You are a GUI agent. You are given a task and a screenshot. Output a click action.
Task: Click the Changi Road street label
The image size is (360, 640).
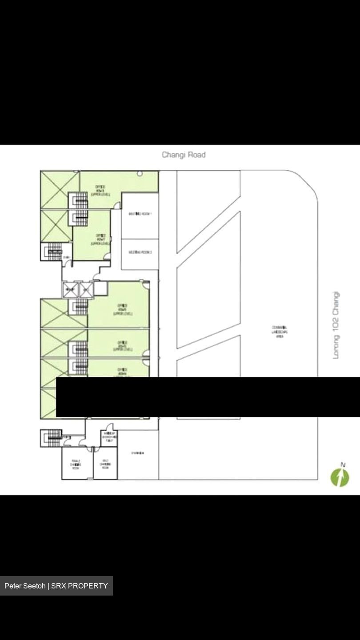pos(184,155)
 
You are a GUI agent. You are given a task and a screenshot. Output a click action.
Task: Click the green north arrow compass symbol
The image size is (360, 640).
pos(340,478)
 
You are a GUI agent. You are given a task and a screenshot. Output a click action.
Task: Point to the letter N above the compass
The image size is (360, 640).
pos(343,465)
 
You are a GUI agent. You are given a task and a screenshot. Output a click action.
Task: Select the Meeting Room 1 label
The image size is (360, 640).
pos(140,214)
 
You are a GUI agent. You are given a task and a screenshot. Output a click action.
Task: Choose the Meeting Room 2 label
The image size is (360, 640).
pos(140,252)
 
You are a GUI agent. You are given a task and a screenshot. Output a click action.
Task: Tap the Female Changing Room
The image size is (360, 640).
pos(76,464)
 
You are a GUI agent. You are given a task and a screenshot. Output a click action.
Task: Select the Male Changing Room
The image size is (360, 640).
pos(105,464)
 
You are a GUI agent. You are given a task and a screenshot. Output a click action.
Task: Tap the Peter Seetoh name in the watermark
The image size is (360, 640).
pos(25,586)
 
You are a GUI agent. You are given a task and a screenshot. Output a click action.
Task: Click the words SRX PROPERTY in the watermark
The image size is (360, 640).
pos(80,586)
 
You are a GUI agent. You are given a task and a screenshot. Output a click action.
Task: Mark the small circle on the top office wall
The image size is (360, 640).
pos(140,173)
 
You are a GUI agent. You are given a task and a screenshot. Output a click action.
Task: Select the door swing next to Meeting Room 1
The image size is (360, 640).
pos(117,205)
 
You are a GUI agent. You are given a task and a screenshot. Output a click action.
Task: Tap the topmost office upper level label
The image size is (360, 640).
pos(100,191)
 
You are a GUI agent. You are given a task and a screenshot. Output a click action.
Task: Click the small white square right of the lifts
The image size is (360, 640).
pos(100,288)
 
